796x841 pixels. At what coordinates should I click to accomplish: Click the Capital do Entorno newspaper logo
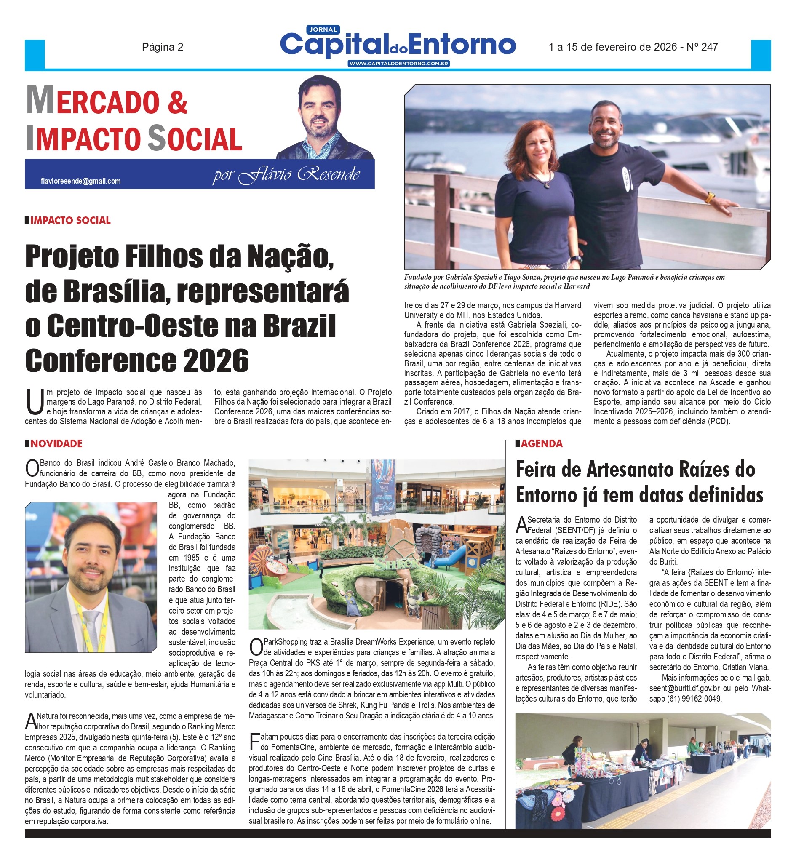coord(398,45)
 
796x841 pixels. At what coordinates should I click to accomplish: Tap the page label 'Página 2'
coord(163,47)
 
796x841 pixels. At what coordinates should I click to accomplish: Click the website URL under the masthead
coord(398,64)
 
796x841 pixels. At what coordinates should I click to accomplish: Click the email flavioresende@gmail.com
coord(80,181)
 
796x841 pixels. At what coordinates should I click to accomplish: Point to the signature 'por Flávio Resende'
coord(286,175)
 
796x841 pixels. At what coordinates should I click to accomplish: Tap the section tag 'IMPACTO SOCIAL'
coord(70,221)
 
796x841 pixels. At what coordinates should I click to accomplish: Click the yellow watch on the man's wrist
coord(709,197)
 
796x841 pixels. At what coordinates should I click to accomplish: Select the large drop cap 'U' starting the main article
coord(35,402)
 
